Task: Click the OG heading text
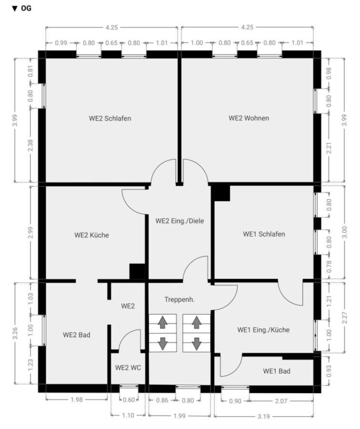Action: click(x=26, y=8)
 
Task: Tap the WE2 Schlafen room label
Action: click(x=110, y=119)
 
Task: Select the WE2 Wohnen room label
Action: click(x=249, y=118)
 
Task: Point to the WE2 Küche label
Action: click(x=91, y=235)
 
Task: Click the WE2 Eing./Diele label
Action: click(x=180, y=221)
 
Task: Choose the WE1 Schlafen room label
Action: click(x=264, y=234)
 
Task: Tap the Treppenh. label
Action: click(x=180, y=300)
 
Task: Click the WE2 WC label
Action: click(x=128, y=368)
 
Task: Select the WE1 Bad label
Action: click(x=277, y=371)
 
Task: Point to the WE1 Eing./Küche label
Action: click(x=263, y=330)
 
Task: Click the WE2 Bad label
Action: click(x=77, y=335)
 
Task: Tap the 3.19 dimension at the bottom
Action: click(x=263, y=417)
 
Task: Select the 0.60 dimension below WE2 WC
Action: click(x=129, y=400)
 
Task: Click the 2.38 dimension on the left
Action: click(x=30, y=145)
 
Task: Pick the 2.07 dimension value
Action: click(x=281, y=401)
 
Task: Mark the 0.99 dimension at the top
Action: click(x=61, y=43)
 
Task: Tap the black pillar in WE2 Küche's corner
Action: click(x=137, y=271)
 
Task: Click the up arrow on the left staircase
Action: click(x=163, y=322)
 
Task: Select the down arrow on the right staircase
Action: click(x=196, y=344)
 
